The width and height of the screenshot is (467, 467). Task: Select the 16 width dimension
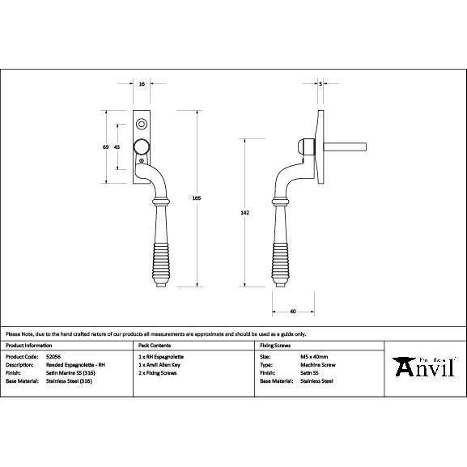pos(142,84)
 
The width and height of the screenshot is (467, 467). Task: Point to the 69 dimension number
pos(105,146)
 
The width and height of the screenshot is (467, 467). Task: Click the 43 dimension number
pos(117,146)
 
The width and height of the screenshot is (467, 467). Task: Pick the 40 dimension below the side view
pos(291,311)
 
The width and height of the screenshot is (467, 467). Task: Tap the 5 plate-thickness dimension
pos(321,84)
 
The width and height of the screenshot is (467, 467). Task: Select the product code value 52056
pos(54,356)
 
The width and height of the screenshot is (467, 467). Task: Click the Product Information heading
pos(29,345)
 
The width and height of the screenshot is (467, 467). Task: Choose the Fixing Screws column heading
pos(275,345)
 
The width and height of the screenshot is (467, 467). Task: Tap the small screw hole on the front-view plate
pos(142,125)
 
